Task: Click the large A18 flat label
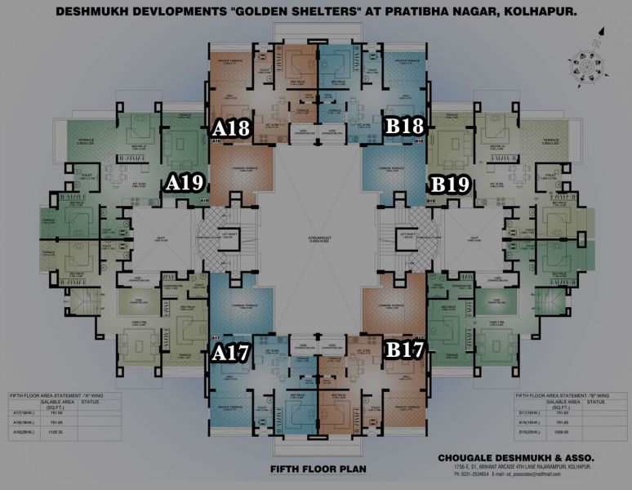coord(231,128)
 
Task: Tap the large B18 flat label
coord(404,127)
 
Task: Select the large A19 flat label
coord(184,183)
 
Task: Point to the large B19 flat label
coord(450,185)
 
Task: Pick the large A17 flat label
coord(230,353)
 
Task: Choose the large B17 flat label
coord(405,350)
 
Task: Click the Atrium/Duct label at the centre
coord(317,218)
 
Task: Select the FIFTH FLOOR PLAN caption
coord(318,470)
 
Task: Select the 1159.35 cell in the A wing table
coord(56,430)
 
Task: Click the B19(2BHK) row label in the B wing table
coord(530,430)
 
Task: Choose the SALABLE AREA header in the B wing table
coord(564,403)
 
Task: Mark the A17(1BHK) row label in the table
coord(22,414)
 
